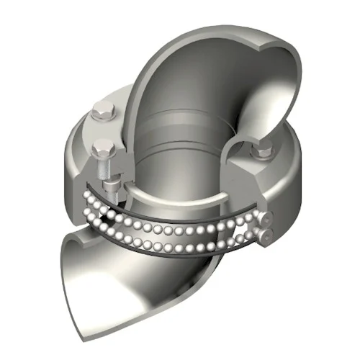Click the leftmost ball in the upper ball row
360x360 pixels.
point(85,195)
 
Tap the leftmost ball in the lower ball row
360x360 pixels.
point(90,212)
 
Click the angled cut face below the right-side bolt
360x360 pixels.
point(270,187)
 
